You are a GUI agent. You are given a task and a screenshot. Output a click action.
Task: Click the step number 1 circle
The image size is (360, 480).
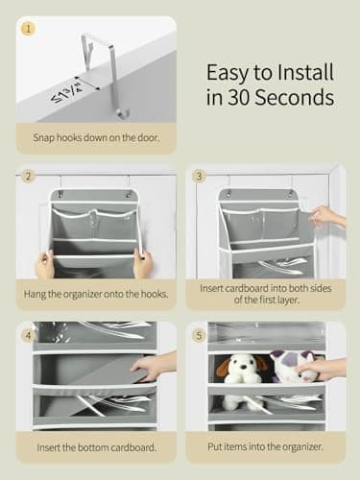(28, 29)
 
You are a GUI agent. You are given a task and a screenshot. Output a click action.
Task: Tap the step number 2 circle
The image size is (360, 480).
(28, 177)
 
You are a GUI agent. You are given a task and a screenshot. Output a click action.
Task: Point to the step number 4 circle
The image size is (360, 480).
(28, 334)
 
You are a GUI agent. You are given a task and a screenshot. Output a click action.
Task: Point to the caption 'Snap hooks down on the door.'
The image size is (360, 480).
(96, 136)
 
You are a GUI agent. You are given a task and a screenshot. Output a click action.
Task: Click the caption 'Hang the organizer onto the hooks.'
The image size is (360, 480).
(96, 292)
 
